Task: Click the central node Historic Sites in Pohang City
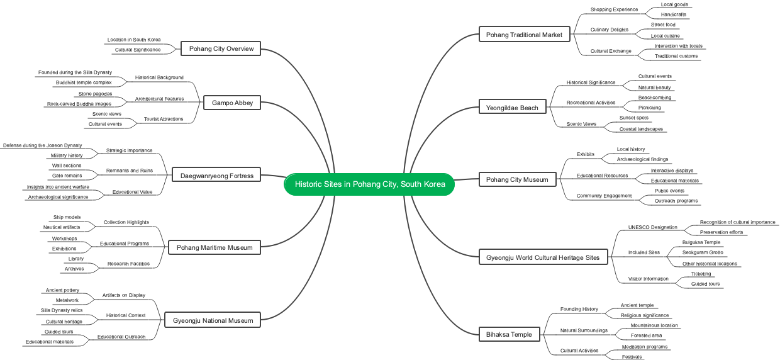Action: [369, 184]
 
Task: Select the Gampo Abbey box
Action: [232, 103]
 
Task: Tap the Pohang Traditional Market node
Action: [524, 35]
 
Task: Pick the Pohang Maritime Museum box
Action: [214, 247]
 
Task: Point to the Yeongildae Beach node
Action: [512, 108]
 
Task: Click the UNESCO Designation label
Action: [652, 227]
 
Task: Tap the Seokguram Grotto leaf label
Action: [703, 252]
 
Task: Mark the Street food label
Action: [663, 25]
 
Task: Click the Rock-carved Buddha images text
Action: [79, 104]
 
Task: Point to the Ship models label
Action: [67, 217]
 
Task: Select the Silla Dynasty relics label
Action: [62, 310]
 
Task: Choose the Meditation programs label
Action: [645, 347]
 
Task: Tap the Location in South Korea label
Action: [133, 40]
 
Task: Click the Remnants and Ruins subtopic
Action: [129, 171]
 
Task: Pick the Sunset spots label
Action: [633, 118]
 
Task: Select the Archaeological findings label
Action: [642, 159]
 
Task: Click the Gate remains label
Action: [67, 176]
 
